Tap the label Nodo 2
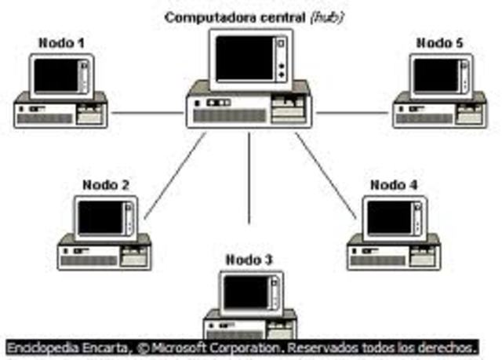coord(106,186)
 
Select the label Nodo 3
coord(249,260)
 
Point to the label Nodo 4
coord(394,185)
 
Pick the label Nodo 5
coord(439,43)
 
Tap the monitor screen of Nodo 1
coord(56,75)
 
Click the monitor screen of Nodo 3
coord(245,293)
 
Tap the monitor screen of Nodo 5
coord(436,75)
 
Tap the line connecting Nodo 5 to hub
coord(353,113)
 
